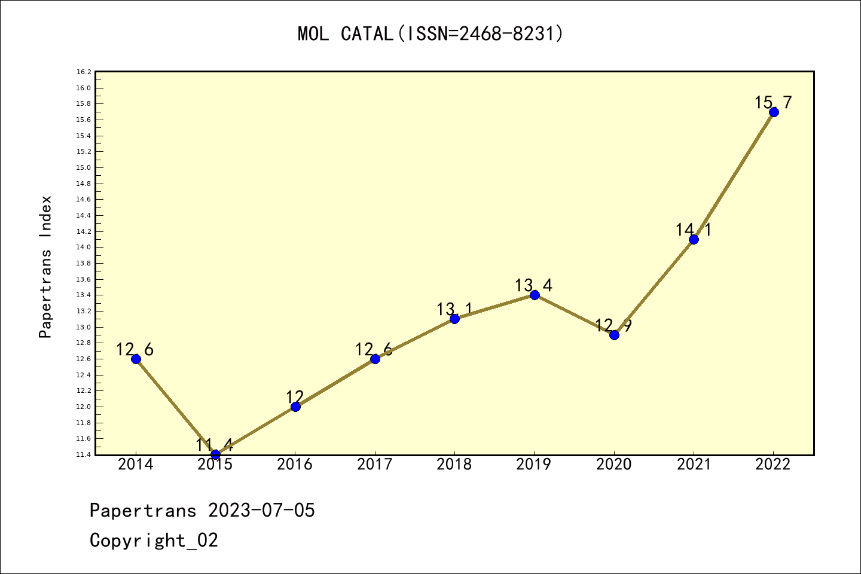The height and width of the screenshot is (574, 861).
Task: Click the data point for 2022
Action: click(x=774, y=112)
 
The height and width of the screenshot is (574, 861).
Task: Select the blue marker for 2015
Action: click(x=216, y=454)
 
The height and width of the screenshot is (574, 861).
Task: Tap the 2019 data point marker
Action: click(x=535, y=295)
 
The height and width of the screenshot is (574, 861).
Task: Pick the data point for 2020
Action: click(x=614, y=335)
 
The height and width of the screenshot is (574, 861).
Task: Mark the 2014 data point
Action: click(x=136, y=359)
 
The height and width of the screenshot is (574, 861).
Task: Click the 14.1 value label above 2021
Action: click(x=694, y=230)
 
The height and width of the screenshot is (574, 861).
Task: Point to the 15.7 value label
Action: click(x=773, y=103)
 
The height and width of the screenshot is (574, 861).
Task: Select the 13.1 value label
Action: click(x=454, y=310)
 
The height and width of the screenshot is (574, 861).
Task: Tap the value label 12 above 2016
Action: click(x=295, y=397)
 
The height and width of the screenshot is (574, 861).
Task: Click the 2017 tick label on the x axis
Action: click(x=375, y=465)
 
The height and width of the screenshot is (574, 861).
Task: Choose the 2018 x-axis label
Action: click(x=454, y=465)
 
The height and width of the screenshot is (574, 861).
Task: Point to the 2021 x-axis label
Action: click(x=694, y=465)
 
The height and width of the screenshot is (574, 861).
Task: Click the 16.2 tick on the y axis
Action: click(x=84, y=72)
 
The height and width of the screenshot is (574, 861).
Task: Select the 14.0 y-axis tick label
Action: click(x=84, y=248)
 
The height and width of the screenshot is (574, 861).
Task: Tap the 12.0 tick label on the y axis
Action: click(x=84, y=407)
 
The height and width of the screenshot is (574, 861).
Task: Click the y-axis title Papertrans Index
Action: click(x=46, y=267)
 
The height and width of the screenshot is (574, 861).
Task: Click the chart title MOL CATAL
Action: click(x=430, y=34)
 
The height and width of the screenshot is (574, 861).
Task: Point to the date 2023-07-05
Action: click(x=261, y=511)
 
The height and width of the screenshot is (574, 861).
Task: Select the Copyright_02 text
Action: click(x=154, y=541)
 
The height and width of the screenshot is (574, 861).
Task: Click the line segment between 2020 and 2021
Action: click(x=654, y=287)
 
